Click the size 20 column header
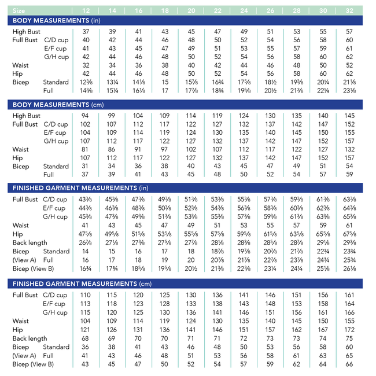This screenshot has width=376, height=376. click(x=191, y=10)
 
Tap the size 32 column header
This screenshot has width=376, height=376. click(x=349, y=10)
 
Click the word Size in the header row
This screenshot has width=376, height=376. click(x=19, y=10)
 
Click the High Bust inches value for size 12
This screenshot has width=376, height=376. click(x=86, y=31)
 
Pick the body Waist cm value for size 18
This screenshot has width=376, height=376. click(x=165, y=149)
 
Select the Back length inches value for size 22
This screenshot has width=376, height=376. click(x=218, y=243)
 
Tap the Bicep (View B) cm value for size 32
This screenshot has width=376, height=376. click(x=349, y=364)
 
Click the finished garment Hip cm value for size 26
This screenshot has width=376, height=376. click(x=270, y=330)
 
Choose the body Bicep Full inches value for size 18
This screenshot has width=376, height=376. click(x=165, y=90)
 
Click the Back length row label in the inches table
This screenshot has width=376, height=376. click(x=30, y=243)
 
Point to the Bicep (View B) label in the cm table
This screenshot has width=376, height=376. click(x=33, y=364)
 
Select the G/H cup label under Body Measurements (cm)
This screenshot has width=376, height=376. click(x=56, y=141)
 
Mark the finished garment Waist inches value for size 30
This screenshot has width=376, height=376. click(x=323, y=226)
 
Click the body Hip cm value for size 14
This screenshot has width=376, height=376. click(x=112, y=158)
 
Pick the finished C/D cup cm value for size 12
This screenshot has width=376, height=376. click(x=86, y=295)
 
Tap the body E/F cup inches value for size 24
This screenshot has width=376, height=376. click(x=244, y=49)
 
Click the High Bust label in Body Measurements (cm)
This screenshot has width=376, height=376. click(x=27, y=116)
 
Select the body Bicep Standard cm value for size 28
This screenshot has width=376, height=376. click(x=297, y=167)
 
